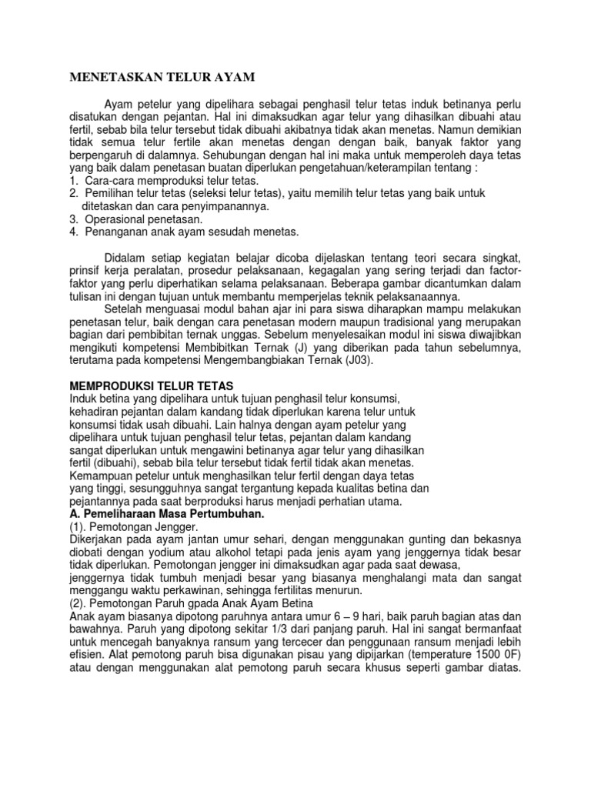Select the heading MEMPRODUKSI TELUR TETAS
coord(151,384)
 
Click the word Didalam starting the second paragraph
coord(128,256)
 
